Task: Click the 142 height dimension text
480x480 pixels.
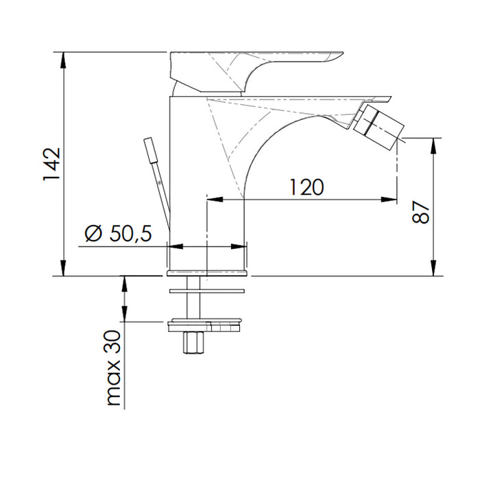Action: coord(53,164)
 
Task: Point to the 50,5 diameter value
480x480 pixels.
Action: coord(129,234)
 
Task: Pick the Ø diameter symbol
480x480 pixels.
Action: coord(94,234)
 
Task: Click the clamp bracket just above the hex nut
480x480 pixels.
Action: coord(206,323)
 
